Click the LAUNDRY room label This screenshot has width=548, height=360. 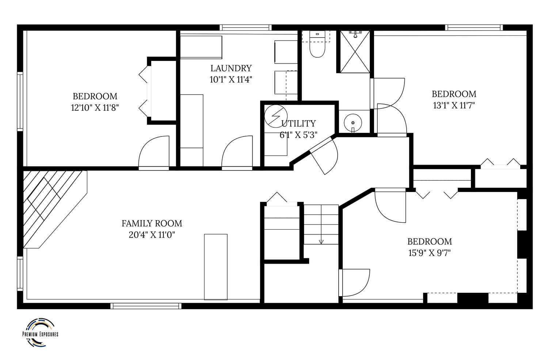pos(231,68)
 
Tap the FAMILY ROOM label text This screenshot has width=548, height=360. pos(152,223)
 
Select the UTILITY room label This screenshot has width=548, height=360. pos(298,123)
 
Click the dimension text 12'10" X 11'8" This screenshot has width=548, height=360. pos(95,108)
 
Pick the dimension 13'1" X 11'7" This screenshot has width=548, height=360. pos(454,106)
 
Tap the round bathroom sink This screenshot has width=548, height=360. pos(353,123)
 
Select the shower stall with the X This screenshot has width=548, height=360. pos(355,52)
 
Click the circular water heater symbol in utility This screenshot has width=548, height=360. pos(276,116)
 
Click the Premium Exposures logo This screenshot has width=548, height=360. pos(40,333)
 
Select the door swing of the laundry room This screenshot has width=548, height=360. pos(237,152)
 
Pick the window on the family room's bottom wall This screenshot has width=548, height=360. pos(146,306)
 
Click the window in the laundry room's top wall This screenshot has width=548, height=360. pos(246,28)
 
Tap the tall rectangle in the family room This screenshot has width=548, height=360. pos(216,267)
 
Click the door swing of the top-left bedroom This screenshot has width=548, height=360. pos(154,152)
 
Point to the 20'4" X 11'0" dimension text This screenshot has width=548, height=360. pos(152,235)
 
